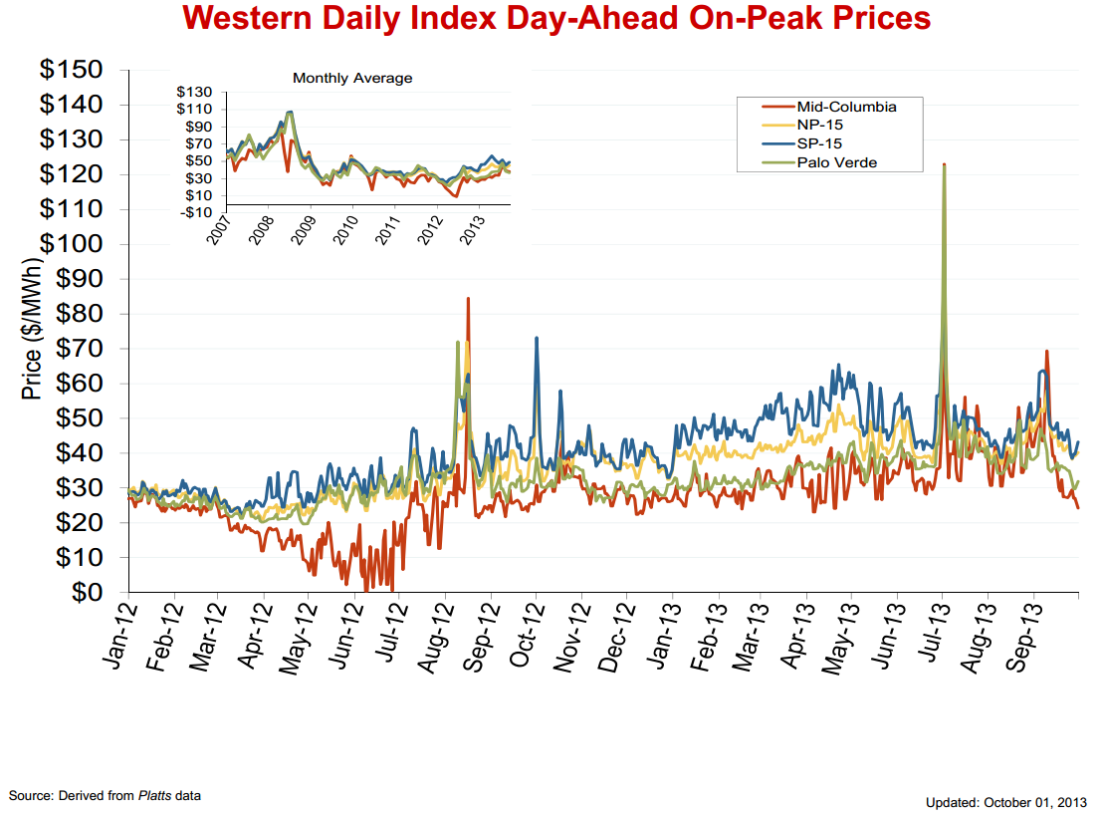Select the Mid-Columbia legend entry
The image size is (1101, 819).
pyautogui.click(x=846, y=107)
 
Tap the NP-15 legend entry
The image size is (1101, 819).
pyautogui.click(x=821, y=126)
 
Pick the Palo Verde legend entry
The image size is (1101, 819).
pyautogui.click(x=836, y=162)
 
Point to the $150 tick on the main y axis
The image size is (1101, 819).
pyautogui.click(x=71, y=70)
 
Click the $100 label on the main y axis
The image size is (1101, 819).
pyautogui.click(x=71, y=244)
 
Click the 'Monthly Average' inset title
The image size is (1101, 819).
pyautogui.click(x=352, y=78)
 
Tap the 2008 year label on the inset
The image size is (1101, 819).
pyautogui.click(x=261, y=227)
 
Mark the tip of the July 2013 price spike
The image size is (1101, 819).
pyautogui.click(x=943, y=164)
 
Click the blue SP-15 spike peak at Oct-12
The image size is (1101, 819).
pyautogui.click(x=537, y=338)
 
